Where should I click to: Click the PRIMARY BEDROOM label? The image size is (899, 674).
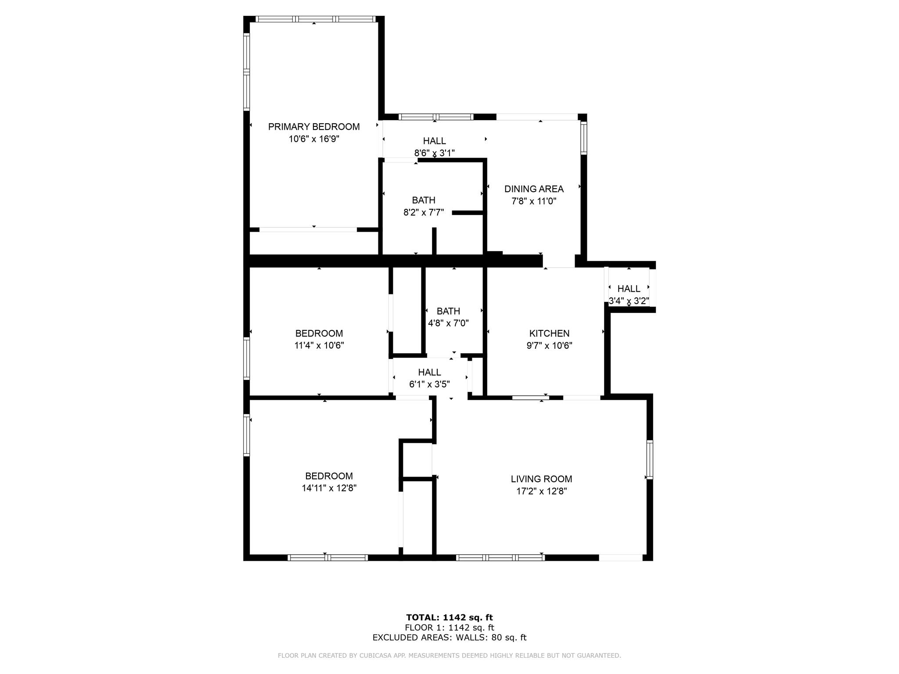click(x=314, y=127)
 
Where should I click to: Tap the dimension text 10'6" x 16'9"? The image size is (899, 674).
click(x=314, y=139)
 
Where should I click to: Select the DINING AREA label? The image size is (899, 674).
click(x=534, y=189)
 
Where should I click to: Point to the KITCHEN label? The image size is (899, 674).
click(x=549, y=333)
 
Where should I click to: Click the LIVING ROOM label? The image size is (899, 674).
click(x=541, y=479)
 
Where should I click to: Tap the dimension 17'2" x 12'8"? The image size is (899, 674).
click(x=541, y=491)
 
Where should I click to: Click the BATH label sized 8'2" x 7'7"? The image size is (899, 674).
click(x=424, y=201)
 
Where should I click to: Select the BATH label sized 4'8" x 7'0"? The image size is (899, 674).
click(x=448, y=312)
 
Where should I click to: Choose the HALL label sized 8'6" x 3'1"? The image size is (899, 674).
click(x=435, y=141)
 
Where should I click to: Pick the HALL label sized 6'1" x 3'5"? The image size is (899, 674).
click(x=429, y=373)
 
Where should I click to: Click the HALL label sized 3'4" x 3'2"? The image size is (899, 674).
click(x=629, y=289)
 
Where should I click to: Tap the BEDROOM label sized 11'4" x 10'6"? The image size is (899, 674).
click(x=319, y=333)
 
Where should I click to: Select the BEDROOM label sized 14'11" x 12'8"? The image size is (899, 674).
click(x=329, y=476)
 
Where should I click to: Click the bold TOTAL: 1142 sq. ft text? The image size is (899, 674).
click(x=449, y=618)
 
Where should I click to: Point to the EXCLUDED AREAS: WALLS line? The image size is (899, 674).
click(x=449, y=638)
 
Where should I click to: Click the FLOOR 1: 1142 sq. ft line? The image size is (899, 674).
click(x=449, y=627)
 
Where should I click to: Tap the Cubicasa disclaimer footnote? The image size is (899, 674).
click(x=449, y=656)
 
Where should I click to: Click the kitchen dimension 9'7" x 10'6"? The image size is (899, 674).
click(x=549, y=346)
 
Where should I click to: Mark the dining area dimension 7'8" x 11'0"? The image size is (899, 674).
click(x=534, y=201)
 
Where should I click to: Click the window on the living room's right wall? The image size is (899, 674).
click(x=650, y=459)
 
